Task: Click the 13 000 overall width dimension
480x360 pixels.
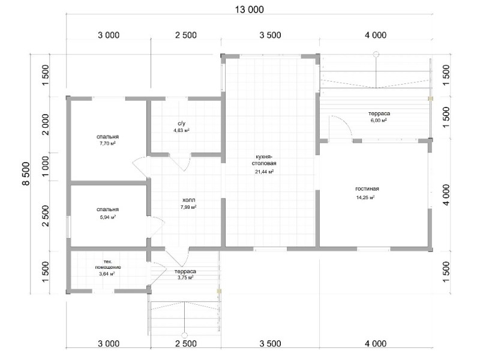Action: click(249, 10)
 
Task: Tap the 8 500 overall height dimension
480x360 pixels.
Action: click(26, 173)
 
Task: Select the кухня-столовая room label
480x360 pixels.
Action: click(264, 160)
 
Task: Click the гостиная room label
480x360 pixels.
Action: click(367, 188)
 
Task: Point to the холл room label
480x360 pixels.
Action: click(188, 200)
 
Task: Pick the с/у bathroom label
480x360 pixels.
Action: click(182, 124)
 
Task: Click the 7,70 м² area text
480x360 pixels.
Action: click(107, 143)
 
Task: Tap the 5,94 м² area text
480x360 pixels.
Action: click(108, 217)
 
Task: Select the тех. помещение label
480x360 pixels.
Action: click(108, 265)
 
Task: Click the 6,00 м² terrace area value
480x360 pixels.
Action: click(379, 121)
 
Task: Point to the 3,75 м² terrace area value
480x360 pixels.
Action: click(185, 278)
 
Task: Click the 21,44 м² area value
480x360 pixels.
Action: click(264, 172)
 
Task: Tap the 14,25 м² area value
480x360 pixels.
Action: click(365, 198)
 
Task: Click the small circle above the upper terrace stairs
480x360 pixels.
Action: click(376, 55)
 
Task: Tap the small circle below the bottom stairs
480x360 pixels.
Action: click(184, 335)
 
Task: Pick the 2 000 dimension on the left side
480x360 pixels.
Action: click(46, 124)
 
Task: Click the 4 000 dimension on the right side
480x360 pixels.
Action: click(446, 194)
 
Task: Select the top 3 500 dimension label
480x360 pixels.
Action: click(271, 35)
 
